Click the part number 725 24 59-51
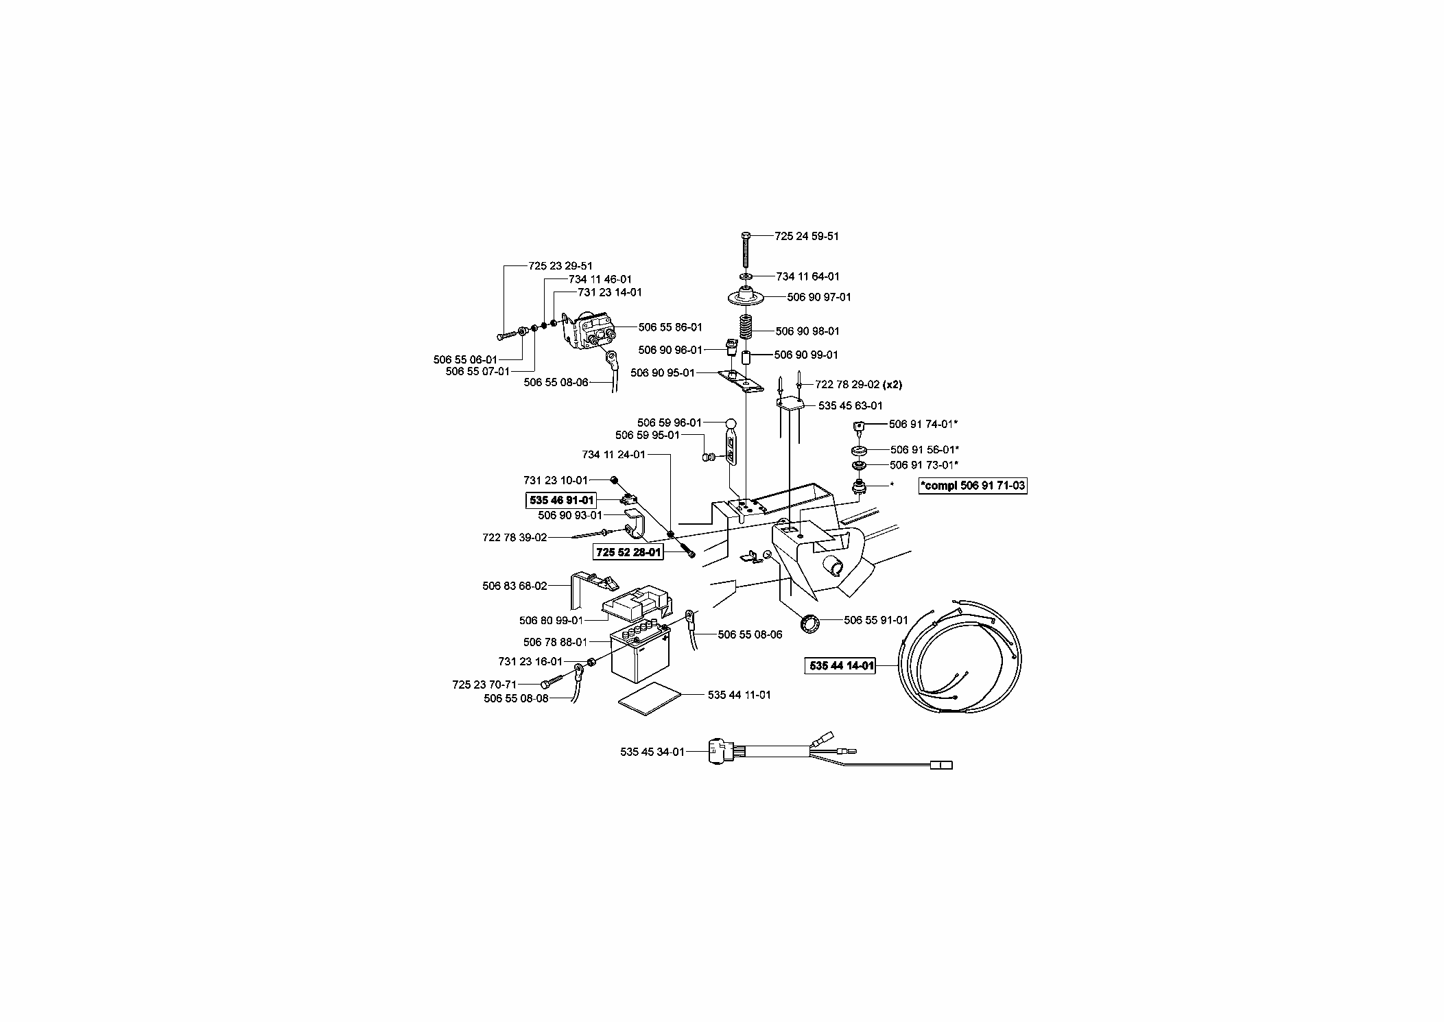coord(806,236)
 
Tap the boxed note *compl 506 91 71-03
coord(973,486)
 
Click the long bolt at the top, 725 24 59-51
coord(746,250)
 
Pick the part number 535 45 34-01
coord(652,752)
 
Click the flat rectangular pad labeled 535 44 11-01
coord(651,699)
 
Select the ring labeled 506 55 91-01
coord(813,623)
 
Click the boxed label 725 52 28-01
coord(629,552)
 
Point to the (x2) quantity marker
coord(892,385)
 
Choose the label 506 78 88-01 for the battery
coord(555,642)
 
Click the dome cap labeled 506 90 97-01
coord(746,298)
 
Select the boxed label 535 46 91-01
coord(562,501)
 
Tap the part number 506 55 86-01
coord(670,327)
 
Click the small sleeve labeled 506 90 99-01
coord(747,358)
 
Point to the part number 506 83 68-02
coord(514,586)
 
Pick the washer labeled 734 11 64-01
coord(746,276)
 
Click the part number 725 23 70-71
coord(484,685)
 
